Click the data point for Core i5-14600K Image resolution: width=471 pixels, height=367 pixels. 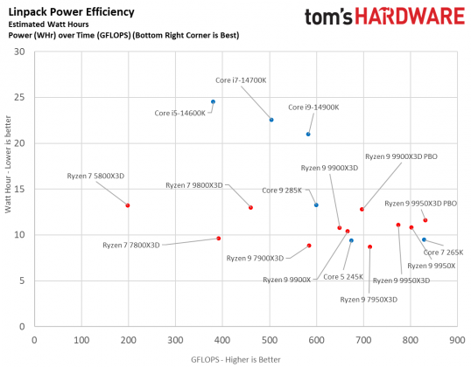coord(213,101)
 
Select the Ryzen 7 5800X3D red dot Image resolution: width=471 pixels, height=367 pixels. coord(128,205)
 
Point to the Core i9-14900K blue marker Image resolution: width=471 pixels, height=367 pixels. coord(308,134)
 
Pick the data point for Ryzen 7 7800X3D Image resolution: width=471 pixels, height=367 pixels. coord(219,239)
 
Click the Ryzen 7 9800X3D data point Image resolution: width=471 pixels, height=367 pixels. coord(250,207)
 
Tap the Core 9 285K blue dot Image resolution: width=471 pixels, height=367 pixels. coord(316,204)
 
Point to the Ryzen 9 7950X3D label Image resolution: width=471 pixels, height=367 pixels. coord(369,299)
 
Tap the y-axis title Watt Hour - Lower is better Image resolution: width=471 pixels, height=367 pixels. coord(8,182)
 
